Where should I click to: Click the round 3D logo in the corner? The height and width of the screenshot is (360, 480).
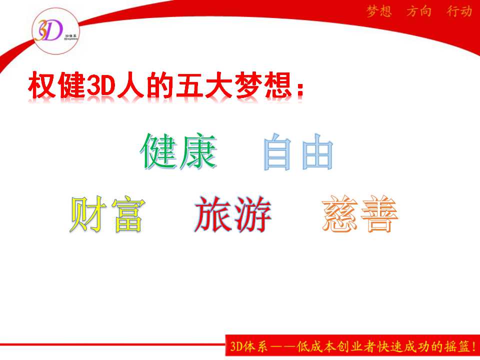[x=55, y=31]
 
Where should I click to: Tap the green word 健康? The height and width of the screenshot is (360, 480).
[x=178, y=151]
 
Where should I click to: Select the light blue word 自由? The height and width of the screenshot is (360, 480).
[x=298, y=151]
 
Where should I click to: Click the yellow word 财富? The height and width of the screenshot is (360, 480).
[x=107, y=214]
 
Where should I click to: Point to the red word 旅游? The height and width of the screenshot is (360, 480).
[x=233, y=214]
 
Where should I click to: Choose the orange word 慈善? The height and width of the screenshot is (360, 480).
[x=359, y=213]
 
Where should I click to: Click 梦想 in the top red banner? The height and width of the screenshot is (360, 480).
[x=379, y=11]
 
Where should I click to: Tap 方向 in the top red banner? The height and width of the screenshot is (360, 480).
[x=419, y=11]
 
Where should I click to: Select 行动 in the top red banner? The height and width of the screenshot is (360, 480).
[x=459, y=11]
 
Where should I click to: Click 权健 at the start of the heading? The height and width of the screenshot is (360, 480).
[x=57, y=85]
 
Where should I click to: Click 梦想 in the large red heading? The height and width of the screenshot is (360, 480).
[x=264, y=85]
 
